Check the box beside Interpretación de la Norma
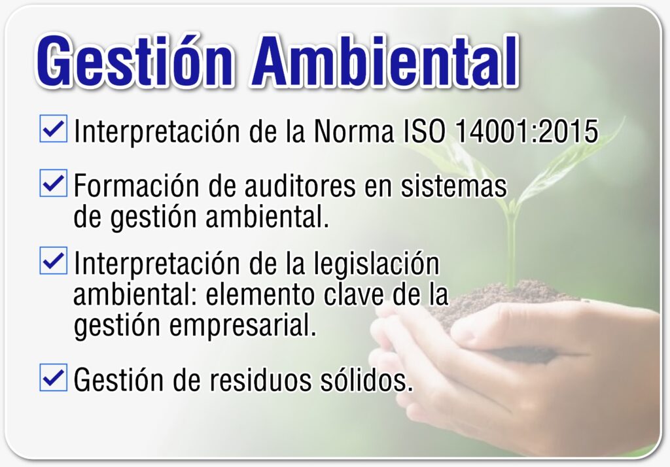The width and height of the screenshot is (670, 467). pos(54,128)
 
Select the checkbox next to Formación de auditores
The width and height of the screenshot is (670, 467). pos(54,183)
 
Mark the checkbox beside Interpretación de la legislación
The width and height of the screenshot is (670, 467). pos(54,260)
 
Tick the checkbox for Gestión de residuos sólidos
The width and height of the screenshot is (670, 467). pos(54,377)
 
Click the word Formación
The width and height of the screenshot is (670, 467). pos(137,186)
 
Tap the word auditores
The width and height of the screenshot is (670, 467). pos(300,186)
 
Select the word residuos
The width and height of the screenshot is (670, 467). pos(260,379)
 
